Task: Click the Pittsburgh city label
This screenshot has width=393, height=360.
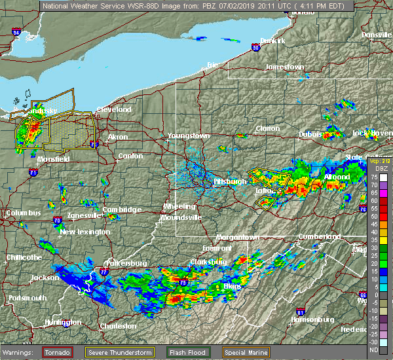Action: click(231, 181)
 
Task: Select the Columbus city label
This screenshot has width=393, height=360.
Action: click(23, 213)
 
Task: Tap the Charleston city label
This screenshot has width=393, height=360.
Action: click(118, 326)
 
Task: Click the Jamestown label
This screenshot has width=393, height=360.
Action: click(285, 67)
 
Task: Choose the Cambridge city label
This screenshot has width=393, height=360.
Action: click(122, 209)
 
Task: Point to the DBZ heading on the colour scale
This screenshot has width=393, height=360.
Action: click(375, 170)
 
